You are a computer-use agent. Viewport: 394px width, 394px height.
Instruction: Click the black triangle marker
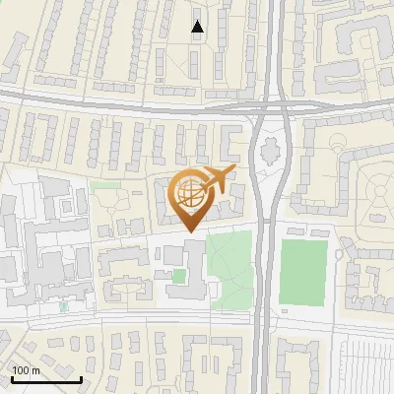(198, 27)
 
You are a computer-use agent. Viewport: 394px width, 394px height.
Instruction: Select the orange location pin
(190, 197)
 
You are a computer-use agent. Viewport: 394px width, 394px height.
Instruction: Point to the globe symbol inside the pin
(189, 194)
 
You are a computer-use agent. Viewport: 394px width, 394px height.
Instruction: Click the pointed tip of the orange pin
(190, 231)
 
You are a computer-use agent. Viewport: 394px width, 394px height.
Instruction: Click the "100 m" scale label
(26, 370)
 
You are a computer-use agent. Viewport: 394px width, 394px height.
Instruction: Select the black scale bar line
(45, 378)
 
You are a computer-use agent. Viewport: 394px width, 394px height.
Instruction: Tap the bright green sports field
(302, 271)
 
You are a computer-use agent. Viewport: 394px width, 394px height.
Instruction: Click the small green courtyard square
(178, 276)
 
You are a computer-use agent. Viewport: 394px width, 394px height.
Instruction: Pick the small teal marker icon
(64, 306)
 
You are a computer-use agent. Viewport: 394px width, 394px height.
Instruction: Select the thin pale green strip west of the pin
(103, 184)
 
